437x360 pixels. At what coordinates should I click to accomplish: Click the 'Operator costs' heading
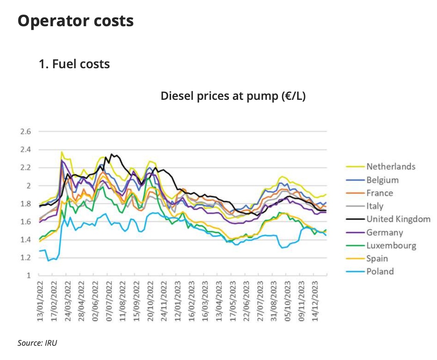tap(76, 21)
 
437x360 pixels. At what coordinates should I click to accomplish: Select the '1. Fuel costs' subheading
tap(74, 64)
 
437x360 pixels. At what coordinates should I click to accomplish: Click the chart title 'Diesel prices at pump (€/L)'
tap(233, 96)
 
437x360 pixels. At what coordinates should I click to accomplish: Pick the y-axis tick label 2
tap(28, 186)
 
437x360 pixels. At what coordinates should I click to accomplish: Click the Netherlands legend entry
tap(391, 167)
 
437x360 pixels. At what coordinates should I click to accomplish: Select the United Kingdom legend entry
tap(398, 219)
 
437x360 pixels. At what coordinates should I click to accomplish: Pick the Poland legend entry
tap(380, 271)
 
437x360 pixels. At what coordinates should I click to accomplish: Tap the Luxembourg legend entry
tap(391, 245)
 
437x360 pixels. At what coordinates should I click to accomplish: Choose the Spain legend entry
tap(377, 258)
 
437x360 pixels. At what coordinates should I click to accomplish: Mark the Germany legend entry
tap(385, 232)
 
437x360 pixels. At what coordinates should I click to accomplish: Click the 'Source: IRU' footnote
tap(37, 342)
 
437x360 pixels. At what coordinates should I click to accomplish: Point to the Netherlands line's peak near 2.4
tap(62, 152)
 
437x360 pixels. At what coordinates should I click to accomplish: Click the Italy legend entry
tap(375, 206)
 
